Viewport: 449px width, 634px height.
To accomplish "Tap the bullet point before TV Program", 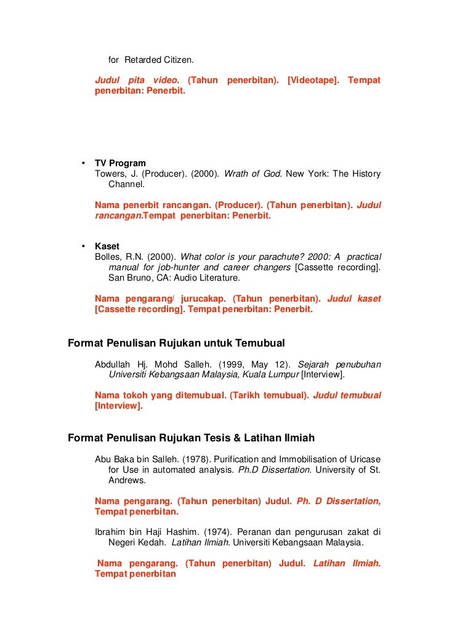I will [83, 163].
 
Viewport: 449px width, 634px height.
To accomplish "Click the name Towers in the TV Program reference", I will [109, 174].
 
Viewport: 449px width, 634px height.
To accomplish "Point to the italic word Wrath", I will [236, 174].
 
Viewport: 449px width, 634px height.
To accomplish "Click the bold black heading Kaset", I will [107, 246].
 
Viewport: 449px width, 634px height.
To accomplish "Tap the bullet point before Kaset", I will [83, 246].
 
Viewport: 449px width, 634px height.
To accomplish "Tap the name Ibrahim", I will [110, 532].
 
